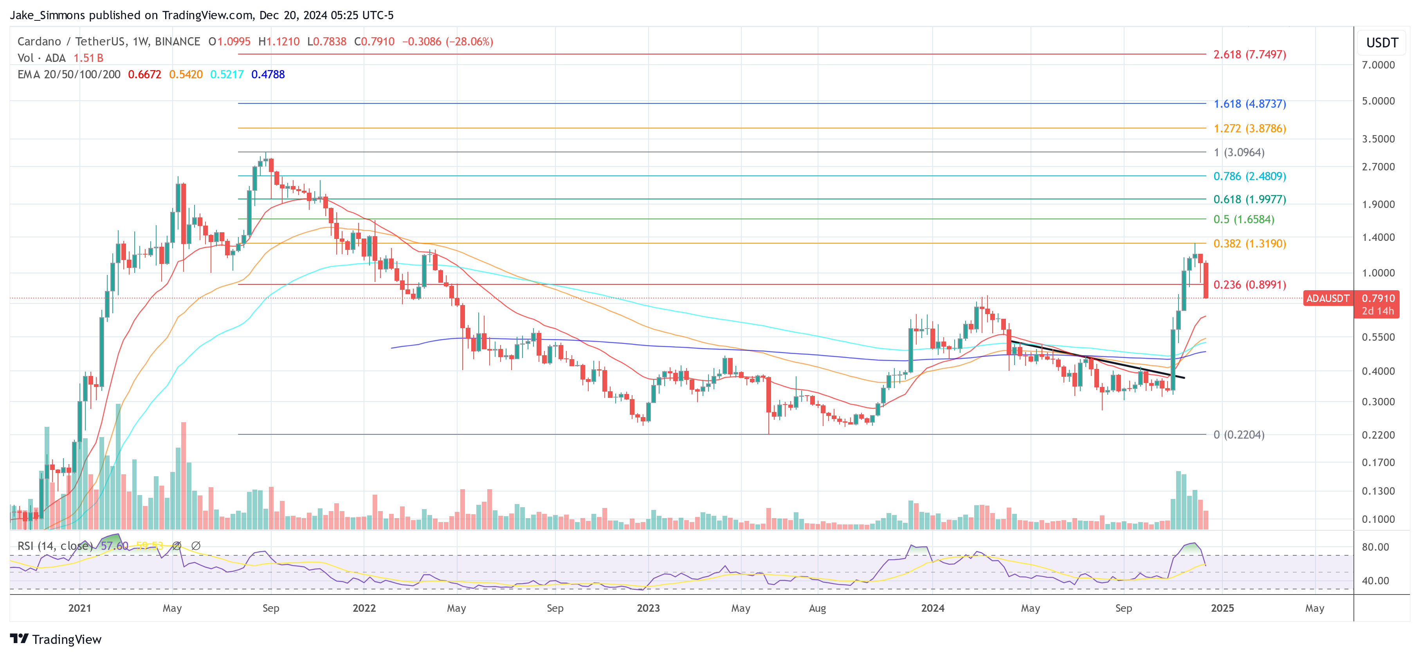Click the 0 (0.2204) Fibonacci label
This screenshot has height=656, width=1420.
tap(1239, 435)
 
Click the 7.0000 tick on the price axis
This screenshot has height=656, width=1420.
tap(1378, 65)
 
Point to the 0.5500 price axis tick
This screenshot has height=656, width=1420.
tap(1378, 337)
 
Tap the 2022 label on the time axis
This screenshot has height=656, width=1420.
tap(364, 608)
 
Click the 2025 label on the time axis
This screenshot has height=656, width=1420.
tap(1222, 608)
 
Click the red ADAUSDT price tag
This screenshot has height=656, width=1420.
tap(1327, 298)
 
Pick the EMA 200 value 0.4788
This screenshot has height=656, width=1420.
tap(268, 74)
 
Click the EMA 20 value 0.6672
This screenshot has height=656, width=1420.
tap(144, 74)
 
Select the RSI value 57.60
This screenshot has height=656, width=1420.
tap(114, 546)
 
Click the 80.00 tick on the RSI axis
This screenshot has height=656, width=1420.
tap(1375, 547)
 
